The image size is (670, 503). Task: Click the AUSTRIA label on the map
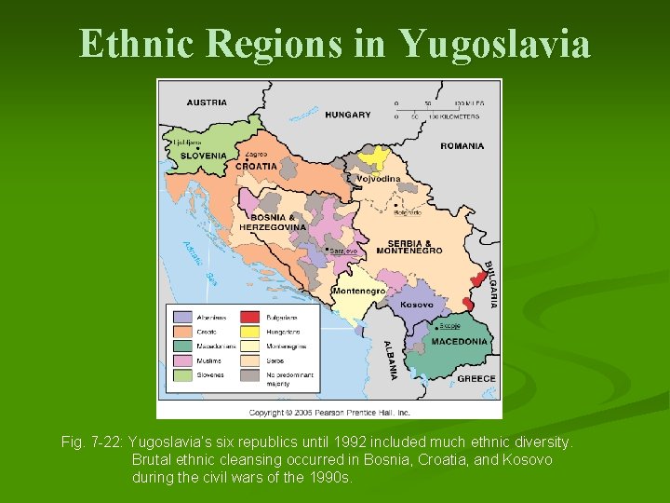click(x=207, y=102)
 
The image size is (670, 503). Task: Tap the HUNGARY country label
click(x=350, y=115)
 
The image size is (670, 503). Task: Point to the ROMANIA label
click(x=462, y=145)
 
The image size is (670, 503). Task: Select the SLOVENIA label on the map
click(x=203, y=156)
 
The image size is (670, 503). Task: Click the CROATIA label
click(x=256, y=166)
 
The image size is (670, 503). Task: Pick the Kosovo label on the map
click(x=417, y=305)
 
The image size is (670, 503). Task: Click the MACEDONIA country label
click(x=459, y=341)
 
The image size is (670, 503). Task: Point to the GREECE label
click(x=476, y=378)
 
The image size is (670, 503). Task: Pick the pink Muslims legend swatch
click(x=181, y=360)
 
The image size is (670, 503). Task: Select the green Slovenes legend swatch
click(x=181, y=374)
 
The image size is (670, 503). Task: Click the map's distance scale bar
click(x=436, y=110)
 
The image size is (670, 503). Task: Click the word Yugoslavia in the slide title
click(x=495, y=43)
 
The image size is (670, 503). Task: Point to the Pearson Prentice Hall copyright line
click(x=329, y=412)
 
